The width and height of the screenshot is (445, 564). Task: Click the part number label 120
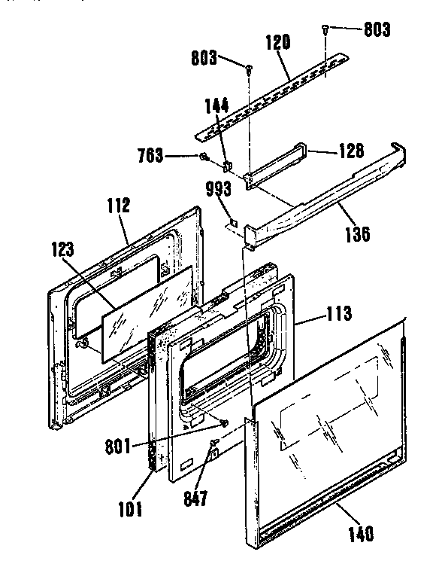[x=277, y=44]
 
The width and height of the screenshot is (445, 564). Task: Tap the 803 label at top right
[x=377, y=30]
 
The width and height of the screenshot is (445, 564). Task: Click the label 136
[x=356, y=233]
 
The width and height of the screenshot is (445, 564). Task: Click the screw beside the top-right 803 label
[x=325, y=29]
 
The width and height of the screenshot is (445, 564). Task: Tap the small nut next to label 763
[x=204, y=157]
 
